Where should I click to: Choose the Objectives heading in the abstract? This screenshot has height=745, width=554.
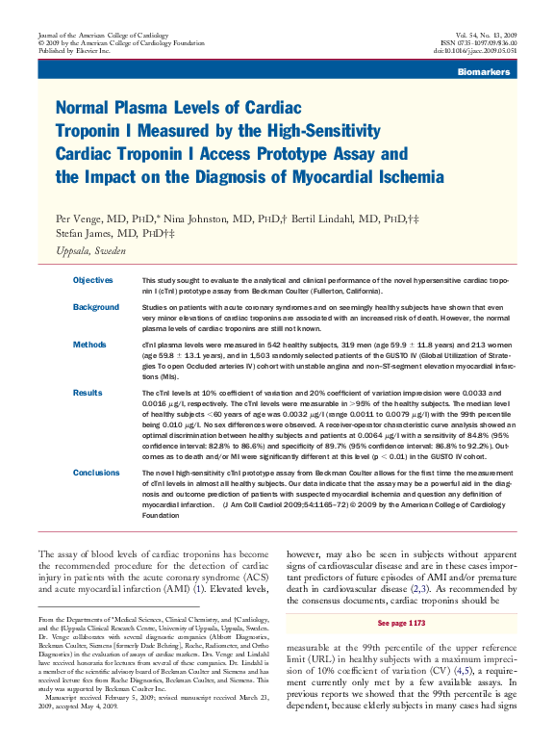(x=93, y=279)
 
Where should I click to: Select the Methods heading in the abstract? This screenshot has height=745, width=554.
(x=89, y=343)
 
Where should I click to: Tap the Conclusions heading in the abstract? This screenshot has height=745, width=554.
(x=96, y=473)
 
